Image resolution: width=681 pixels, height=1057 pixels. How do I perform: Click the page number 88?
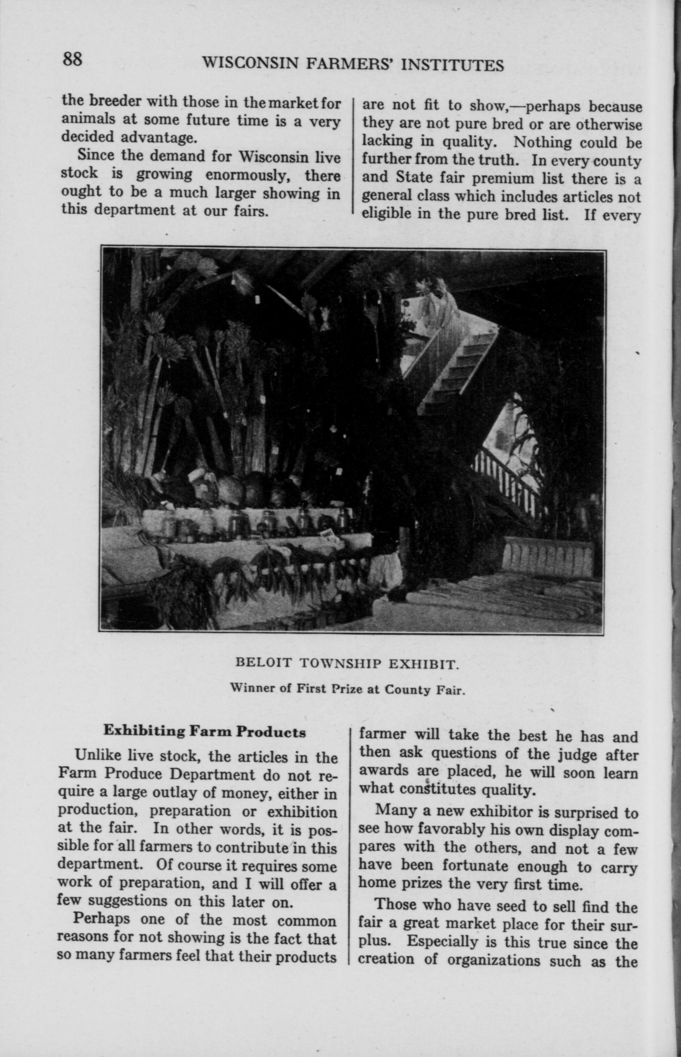pyautogui.click(x=72, y=59)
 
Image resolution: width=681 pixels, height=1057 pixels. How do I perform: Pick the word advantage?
pyautogui.click(x=157, y=137)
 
